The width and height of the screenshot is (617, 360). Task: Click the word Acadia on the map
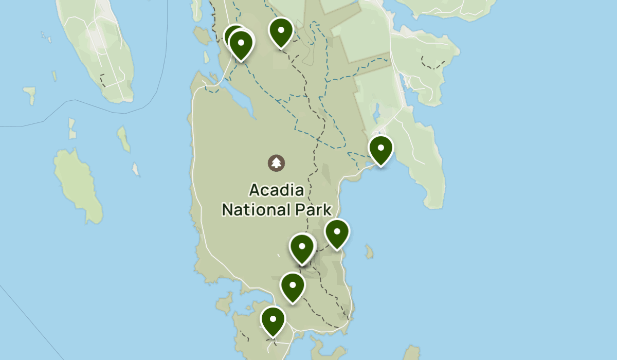click(277, 190)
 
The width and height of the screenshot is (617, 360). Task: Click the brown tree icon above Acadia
click(277, 163)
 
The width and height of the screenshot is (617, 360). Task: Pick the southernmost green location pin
click(273, 321)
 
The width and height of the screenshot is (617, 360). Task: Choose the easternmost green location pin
click(381, 150)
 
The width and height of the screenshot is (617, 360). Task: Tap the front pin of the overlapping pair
click(241, 44)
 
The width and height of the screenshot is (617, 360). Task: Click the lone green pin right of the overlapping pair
click(281, 32)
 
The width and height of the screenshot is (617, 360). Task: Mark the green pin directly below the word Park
click(302, 248)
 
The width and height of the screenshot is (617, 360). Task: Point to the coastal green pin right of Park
click(337, 233)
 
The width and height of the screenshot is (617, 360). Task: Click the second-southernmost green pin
click(293, 287)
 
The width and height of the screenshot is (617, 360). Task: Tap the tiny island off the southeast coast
click(369, 251)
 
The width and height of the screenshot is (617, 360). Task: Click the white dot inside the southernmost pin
click(273, 318)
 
